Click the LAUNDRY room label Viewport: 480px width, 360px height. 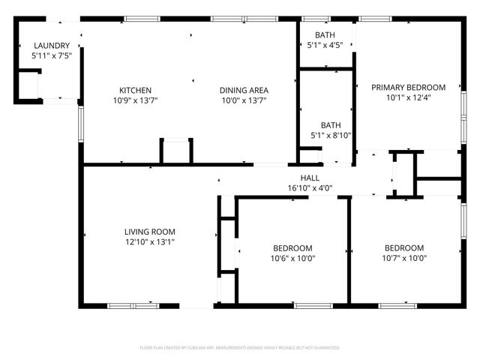[51, 46]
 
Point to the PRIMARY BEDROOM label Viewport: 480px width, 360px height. [409, 87]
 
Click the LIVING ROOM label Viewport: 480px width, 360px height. [150, 232]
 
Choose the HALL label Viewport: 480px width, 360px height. [310, 178]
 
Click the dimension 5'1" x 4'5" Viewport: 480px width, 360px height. [325, 46]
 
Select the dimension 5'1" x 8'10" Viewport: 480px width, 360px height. [331, 136]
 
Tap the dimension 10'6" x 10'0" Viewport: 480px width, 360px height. [292, 259]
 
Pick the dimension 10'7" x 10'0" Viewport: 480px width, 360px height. [404, 259]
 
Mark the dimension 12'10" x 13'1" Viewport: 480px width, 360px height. [150, 242]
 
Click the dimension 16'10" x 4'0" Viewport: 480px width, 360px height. [310, 188]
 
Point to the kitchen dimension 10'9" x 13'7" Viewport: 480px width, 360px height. [135, 100]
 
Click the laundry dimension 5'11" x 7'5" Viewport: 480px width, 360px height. [51, 56]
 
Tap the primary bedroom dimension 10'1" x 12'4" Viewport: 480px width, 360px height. [409, 97]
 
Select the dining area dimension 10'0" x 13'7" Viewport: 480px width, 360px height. [244, 100]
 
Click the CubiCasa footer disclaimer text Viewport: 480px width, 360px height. [240, 348]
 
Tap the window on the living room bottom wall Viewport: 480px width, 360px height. [131, 306]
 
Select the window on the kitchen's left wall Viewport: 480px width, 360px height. [80, 121]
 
